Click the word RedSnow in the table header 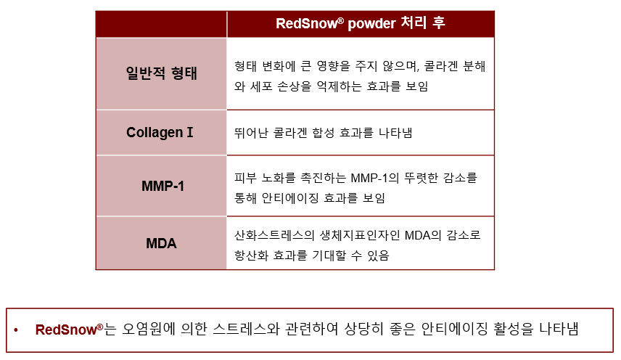(x=307, y=23)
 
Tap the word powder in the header (x=371, y=24)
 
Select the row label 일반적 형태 (x=161, y=73)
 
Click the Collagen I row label (x=160, y=132)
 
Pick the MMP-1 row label (x=163, y=186)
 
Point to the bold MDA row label (x=161, y=243)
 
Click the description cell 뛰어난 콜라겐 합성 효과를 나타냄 (x=323, y=133)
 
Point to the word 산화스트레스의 (x=274, y=235)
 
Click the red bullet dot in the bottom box (x=16, y=330)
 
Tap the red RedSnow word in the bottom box (x=67, y=330)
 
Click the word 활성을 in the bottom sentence (x=514, y=329)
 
